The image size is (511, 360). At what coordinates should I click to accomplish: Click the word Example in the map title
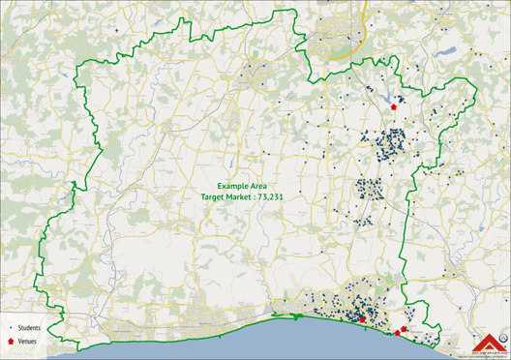[233, 185]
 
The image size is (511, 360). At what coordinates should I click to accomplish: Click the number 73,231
[282, 195]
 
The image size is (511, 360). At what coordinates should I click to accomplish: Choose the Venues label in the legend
[26, 342]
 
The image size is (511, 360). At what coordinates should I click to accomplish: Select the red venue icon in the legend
[10, 342]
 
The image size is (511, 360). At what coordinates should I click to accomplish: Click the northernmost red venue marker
[394, 107]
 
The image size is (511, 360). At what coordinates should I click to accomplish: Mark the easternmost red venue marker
[404, 329]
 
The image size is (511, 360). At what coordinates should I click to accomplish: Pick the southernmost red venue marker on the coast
[397, 333]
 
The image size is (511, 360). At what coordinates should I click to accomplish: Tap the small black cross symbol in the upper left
[117, 31]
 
